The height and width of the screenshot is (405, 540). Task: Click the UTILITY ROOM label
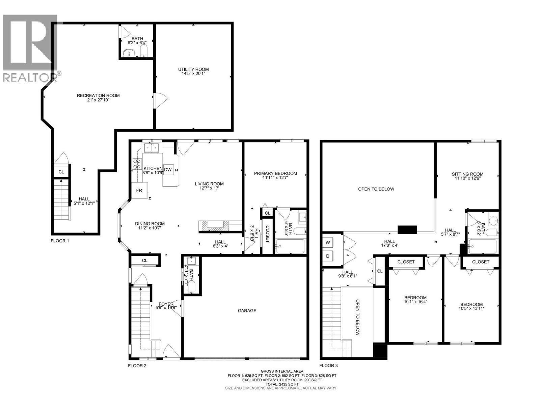(193, 69)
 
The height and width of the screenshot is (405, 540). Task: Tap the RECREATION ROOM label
(98, 96)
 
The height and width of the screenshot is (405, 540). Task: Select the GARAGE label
(247, 310)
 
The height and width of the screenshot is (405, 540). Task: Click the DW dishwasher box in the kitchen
(168, 170)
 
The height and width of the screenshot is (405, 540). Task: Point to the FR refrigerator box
(139, 190)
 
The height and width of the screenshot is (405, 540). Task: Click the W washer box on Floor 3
(328, 243)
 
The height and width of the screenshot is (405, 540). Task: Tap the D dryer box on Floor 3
(328, 256)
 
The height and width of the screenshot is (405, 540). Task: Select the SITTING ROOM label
(467, 174)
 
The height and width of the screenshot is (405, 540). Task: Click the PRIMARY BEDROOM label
(275, 173)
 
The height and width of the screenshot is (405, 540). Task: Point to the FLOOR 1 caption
(60, 241)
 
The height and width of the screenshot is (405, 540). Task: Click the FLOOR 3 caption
(328, 365)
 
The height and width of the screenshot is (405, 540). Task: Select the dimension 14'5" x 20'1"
(193, 74)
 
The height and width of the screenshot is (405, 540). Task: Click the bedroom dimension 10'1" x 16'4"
(415, 302)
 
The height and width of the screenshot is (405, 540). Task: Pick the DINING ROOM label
(150, 223)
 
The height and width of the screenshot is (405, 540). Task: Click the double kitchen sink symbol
(152, 148)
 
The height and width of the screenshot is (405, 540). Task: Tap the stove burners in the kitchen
(137, 164)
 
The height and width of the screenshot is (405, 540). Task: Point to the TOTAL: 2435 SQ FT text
(281, 384)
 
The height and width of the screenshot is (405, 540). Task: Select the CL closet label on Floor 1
(61, 172)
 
